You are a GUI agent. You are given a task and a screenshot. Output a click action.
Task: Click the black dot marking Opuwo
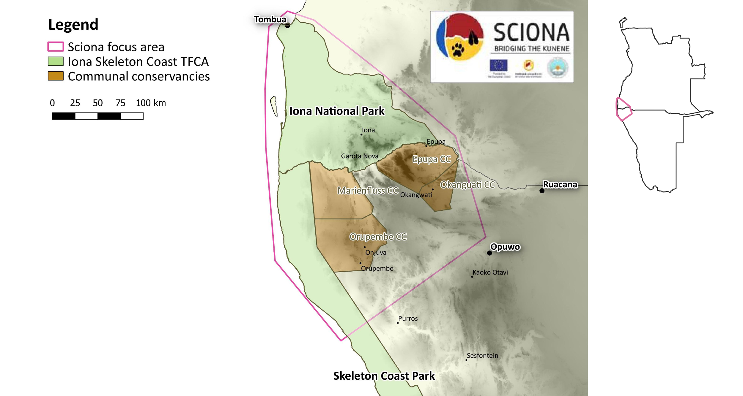coord(489,253)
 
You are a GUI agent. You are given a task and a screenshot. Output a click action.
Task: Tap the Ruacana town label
coord(560,184)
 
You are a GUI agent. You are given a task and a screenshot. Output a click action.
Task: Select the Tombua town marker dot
coord(287,26)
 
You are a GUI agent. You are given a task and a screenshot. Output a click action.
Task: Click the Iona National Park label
coord(337,111)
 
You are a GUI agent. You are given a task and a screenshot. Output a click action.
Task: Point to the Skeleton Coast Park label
coord(384,376)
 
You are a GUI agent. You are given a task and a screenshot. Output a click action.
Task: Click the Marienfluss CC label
coord(368,191)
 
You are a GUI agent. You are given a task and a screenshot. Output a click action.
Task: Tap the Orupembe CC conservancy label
coord(378,237)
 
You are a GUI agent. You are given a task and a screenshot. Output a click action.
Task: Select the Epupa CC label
coord(432,159)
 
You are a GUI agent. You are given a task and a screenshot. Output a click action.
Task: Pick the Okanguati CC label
coord(467,185)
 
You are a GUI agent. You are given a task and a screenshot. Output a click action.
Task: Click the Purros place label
coord(408,319)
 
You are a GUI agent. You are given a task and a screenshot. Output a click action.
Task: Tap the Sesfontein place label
coord(482,355)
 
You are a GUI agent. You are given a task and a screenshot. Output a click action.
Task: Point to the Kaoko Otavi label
coord(490,272)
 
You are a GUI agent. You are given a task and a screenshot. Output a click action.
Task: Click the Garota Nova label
coord(359,156)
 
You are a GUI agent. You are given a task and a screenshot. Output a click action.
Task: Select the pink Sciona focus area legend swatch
coord(56,47)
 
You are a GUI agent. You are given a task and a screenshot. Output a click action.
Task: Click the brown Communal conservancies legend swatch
coord(56,76)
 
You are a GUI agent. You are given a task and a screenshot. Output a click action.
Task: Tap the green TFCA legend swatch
coord(56,61)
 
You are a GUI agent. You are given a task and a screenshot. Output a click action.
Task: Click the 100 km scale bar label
coord(151,103)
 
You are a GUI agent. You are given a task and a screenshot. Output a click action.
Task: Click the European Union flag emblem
coord(499,65)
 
